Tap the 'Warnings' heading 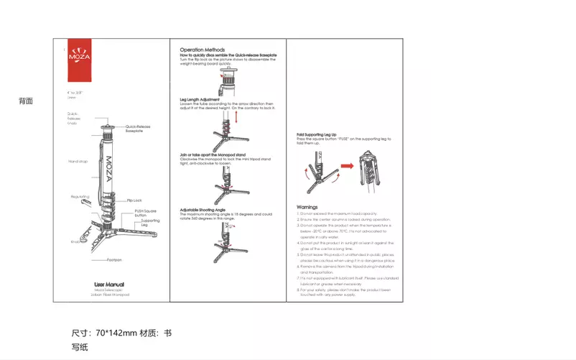pyautogui.click(x=307, y=206)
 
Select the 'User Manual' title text pyautogui.click(x=110, y=284)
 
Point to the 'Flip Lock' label pyautogui.click(x=134, y=200)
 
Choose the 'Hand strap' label pyautogui.click(x=78, y=162)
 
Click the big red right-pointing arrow pyautogui.click(x=348, y=166)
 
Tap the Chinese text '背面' pyautogui.click(x=26, y=101)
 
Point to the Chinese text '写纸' pyautogui.click(x=79, y=347)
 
